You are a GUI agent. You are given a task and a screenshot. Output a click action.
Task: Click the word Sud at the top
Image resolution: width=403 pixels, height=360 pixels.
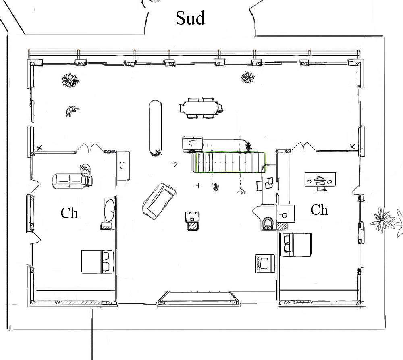[x=191, y=18]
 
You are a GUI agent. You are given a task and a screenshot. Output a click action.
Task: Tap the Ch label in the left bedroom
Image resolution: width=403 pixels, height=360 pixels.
[x=69, y=213]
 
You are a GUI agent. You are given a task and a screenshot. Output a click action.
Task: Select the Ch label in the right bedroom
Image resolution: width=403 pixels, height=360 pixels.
[x=319, y=210]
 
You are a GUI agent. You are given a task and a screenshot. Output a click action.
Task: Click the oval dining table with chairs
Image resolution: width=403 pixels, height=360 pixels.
[x=201, y=108]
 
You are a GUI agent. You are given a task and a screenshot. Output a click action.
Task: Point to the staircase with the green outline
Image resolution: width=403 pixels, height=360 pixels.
[x=231, y=162]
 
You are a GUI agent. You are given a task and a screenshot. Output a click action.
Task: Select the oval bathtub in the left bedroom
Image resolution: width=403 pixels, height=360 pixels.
[x=110, y=210]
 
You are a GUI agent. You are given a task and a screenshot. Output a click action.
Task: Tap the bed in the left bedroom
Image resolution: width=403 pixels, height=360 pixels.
[x=97, y=262]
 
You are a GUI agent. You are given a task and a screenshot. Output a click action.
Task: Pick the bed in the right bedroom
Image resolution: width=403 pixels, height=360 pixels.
[x=296, y=245]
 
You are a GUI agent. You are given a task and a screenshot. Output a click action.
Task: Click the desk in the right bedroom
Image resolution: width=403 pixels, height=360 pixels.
[x=320, y=179]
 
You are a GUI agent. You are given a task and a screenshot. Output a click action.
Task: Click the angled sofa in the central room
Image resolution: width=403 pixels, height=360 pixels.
[x=159, y=201]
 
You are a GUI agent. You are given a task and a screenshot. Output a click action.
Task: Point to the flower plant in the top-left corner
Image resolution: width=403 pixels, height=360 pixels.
[x=70, y=81]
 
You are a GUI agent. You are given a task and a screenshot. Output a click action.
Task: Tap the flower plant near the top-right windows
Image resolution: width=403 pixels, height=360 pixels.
[x=248, y=77]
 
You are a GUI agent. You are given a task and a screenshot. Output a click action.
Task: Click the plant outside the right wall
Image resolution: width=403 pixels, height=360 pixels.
[x=383, y=219]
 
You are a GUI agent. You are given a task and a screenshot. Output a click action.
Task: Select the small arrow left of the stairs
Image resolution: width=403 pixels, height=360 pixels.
[x=174, y=164]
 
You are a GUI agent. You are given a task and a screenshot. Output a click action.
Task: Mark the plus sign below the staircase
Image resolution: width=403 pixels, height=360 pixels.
[x=198, y=185]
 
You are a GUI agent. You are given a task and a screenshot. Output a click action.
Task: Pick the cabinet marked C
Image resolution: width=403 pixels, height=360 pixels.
[x=123, y=166]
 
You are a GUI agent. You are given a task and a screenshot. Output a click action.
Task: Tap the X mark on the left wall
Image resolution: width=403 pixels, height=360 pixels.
[x=39, y=148]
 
